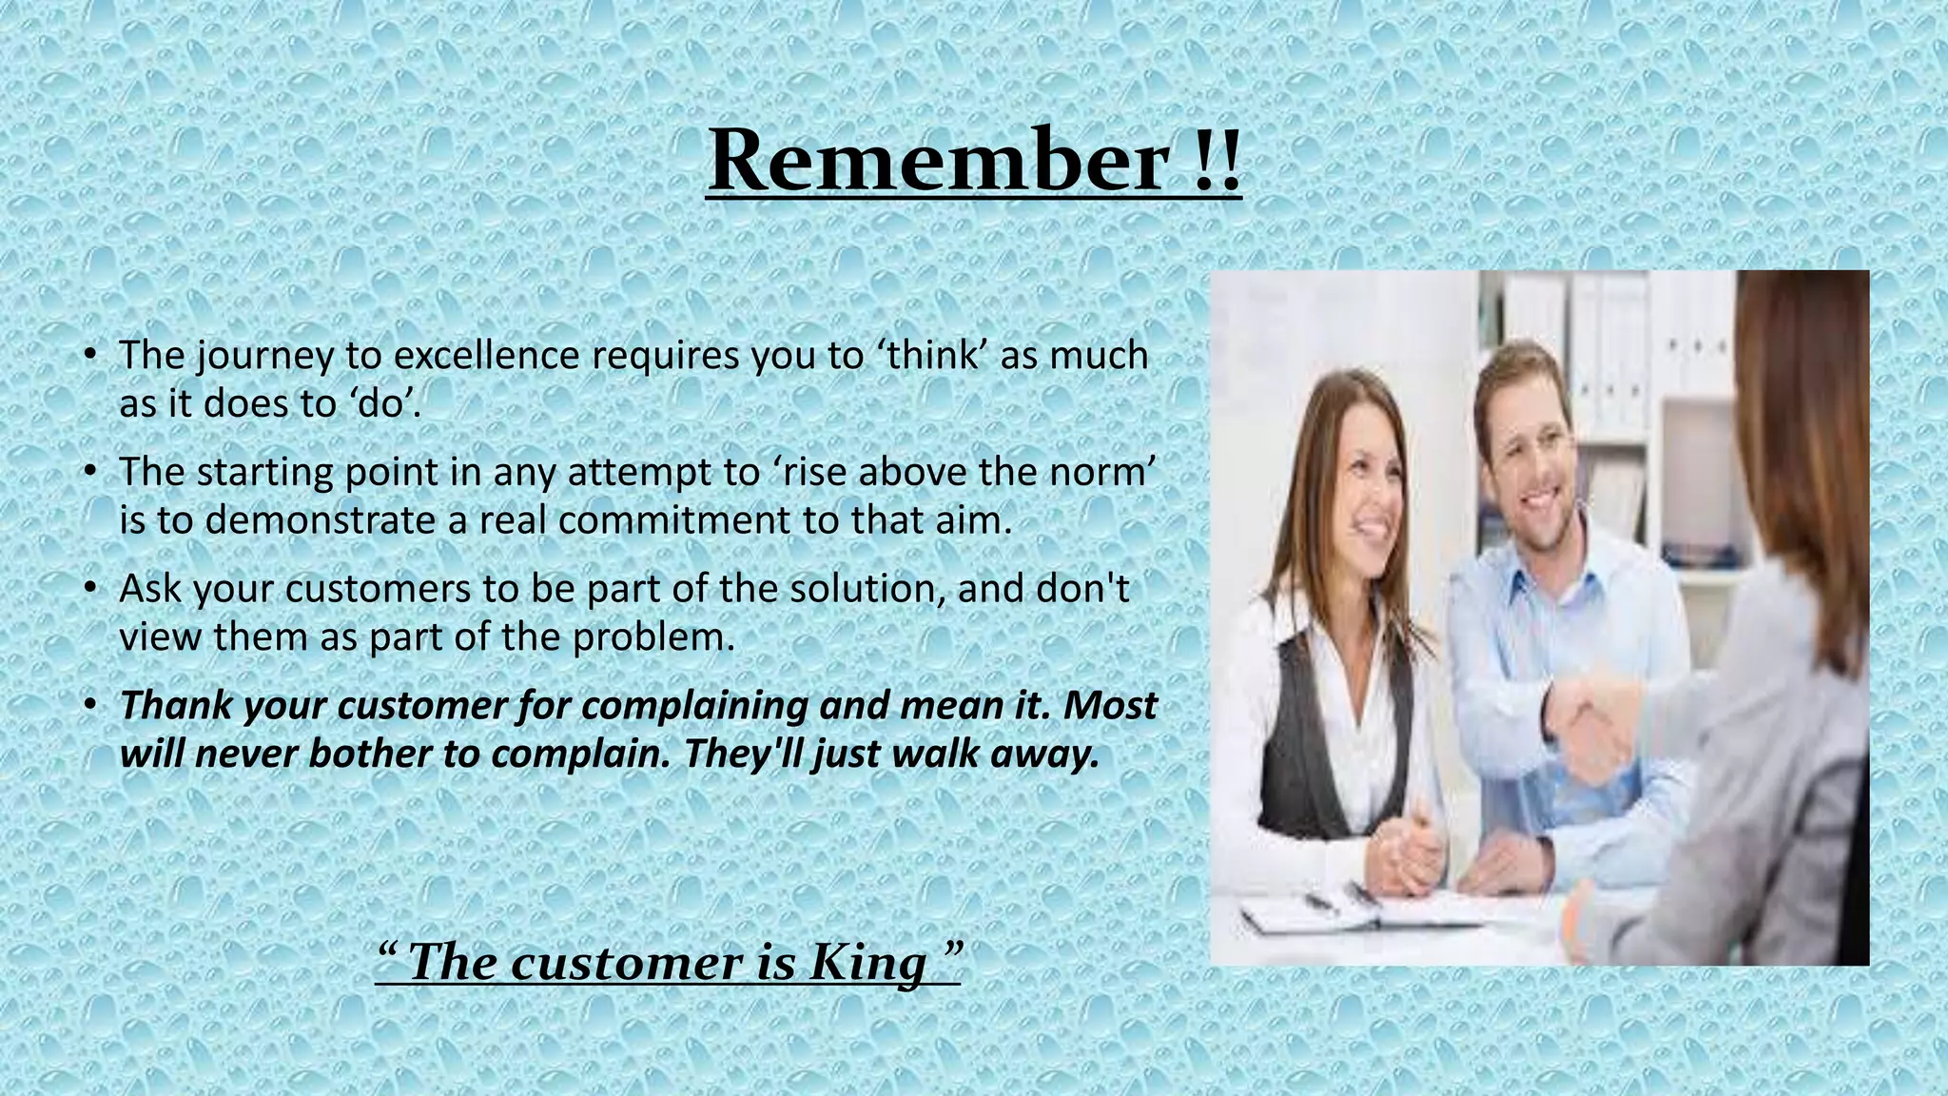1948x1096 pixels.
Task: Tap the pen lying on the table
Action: (1322, 900)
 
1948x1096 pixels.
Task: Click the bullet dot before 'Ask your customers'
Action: (89, 589)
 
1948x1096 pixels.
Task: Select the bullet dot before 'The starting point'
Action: (89, 472)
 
